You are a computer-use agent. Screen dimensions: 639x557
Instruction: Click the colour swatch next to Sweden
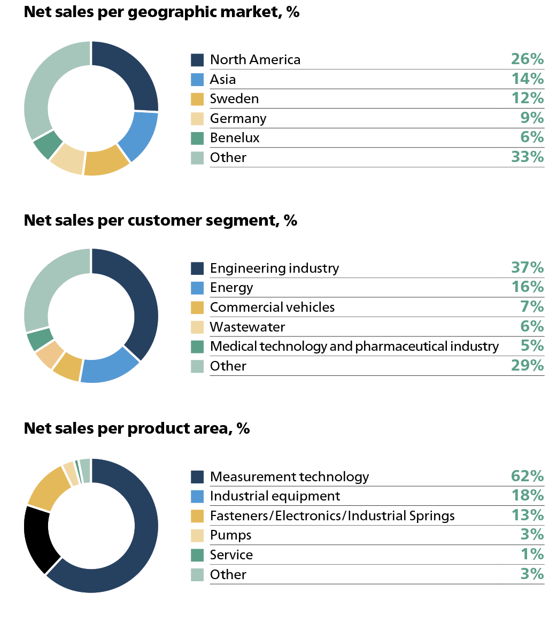coord(197,99)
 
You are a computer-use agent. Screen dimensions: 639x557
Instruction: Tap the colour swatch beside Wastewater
coord(197,327)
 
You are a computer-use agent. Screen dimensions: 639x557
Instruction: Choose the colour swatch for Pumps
coord(197,535)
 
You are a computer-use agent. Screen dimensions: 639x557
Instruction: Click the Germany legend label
coord(238,118)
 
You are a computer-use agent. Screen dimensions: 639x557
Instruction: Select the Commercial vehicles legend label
coord(272,307)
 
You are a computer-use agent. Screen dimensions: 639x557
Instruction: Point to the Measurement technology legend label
coord(289,476)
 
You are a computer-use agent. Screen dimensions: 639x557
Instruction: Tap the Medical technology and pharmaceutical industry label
coord(354,347)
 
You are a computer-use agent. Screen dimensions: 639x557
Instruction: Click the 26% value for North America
coord(527,59)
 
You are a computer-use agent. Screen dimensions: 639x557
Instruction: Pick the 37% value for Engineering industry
coord(527,267)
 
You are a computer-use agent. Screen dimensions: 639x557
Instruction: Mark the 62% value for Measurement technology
coord(527,476)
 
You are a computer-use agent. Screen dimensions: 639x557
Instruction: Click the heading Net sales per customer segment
coord(160,220)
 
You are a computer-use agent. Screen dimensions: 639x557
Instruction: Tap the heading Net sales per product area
coord(137,428)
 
